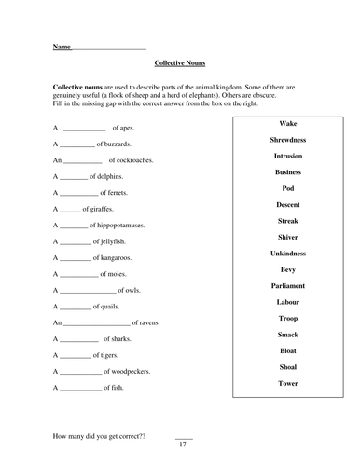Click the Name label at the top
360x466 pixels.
point(62,46)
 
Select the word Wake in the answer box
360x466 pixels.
point(287,123)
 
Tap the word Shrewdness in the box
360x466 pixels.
point(287,139)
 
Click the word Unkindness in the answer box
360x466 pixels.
point(287,253)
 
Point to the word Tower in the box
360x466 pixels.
point(287,382)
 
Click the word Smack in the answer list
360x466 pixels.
point(287,334)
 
